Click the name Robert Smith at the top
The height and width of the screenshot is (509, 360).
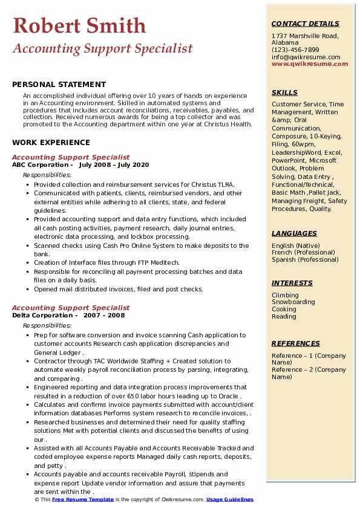[x=79, y=25]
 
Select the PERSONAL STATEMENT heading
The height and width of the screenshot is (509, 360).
[x=59, y=85]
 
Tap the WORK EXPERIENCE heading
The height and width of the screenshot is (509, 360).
[x=51, y=143]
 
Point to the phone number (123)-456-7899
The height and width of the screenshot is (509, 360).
[x=295, y=50]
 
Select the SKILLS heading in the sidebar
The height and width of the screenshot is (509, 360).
[x=284, y=92]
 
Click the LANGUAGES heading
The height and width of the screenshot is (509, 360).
[x=294, y=233]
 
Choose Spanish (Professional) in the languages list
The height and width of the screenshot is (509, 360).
[x=305, y=260]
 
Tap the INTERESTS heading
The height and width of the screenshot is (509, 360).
[x=292, y=283]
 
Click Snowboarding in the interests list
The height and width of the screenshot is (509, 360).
[x=293, y=302]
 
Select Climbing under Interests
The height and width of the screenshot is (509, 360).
[x=285, y=295]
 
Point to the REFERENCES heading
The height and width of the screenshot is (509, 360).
[x=296, y=343]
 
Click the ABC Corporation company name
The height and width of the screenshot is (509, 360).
[x=40, y=165]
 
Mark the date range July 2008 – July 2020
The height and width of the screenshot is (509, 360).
[x=114, y=165]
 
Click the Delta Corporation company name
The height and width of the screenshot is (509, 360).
[x=42, y=316]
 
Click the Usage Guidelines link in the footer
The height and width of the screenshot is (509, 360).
[x=230, y=500]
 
